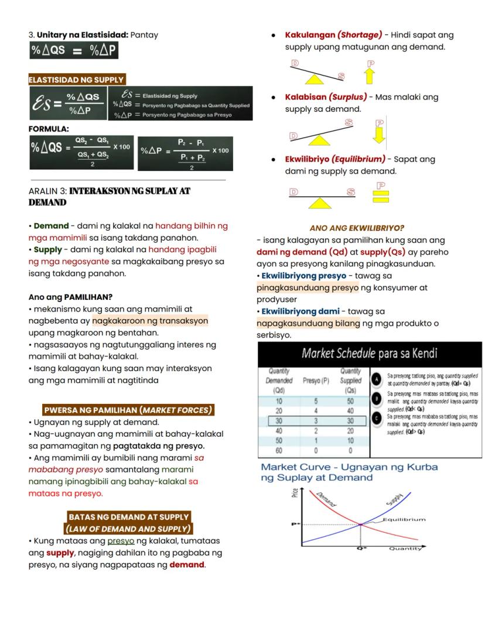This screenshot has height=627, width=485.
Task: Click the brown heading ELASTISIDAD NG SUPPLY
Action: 76,80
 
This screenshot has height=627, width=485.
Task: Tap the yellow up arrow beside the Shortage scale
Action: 370,76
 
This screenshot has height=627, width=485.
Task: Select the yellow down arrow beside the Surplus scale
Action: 379,135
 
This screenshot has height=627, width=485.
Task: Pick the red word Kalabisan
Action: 305,97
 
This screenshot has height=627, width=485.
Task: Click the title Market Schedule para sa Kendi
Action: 369,354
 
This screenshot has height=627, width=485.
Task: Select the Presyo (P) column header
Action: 316,381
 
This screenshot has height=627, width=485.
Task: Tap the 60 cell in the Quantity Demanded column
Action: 279,451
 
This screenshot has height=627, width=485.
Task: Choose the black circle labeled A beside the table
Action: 377,379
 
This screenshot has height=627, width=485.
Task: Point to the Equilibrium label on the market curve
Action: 404,519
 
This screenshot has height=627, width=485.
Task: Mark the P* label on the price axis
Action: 296,524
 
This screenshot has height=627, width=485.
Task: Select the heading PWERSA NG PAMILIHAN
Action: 128,410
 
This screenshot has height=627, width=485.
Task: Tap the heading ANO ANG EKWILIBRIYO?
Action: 357,228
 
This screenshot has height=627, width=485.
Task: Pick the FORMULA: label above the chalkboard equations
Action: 49,129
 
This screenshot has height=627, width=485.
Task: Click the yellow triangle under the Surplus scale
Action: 319,141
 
